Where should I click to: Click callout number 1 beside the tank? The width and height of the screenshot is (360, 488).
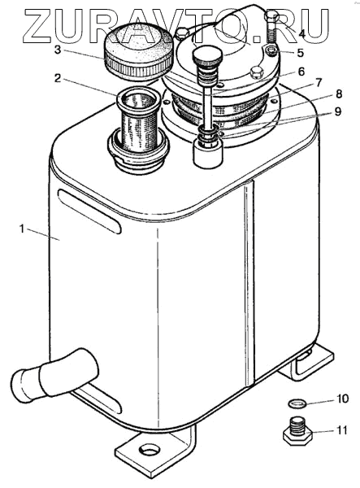click(x=21, y=229)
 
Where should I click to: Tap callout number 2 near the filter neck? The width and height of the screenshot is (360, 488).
click(x=57, y=78)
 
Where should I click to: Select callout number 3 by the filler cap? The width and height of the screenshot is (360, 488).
click(x=57, y=50)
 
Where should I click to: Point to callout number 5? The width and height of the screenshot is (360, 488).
click(x=301, y=53)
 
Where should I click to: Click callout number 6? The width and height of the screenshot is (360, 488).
click(x=301, y=72)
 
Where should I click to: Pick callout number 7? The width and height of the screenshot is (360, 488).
click(x=318, y=82)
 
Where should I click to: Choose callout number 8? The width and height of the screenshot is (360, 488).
click(x=339, y=94)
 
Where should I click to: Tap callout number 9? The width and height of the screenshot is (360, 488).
click(x=337, y=111)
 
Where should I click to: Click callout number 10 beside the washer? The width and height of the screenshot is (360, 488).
click(x=343, y=399)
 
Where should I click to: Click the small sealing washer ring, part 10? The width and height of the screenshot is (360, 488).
click(x=297, y=404)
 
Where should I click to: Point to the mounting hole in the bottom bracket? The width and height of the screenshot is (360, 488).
click(x=150, y=450)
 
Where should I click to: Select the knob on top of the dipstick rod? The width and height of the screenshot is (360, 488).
click(x=207, y=57)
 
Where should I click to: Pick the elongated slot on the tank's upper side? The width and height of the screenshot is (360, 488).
click(x=89, y=211)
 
